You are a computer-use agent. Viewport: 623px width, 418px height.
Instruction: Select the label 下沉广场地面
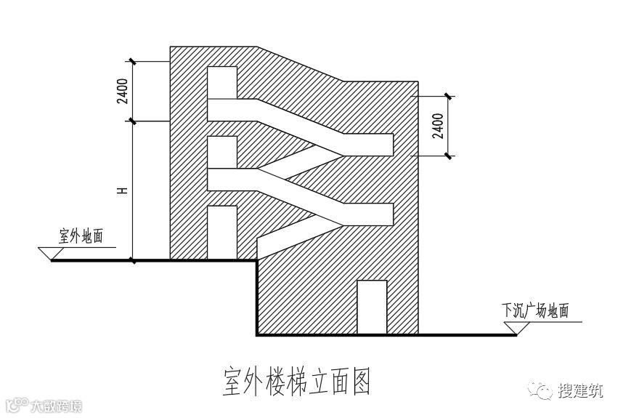tap(535, 310)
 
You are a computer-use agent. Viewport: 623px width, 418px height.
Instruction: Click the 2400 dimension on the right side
tap(437, 125)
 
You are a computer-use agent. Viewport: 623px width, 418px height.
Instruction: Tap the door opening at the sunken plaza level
tap(371, 307)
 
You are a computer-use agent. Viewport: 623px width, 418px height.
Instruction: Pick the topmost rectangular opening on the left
tap(222, 81)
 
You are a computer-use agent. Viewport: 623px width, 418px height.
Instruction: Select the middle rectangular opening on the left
tap(222, 152)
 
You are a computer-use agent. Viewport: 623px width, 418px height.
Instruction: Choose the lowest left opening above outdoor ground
tap(222, 232)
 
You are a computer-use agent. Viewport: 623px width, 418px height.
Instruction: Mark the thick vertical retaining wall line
tap(257, 297)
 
